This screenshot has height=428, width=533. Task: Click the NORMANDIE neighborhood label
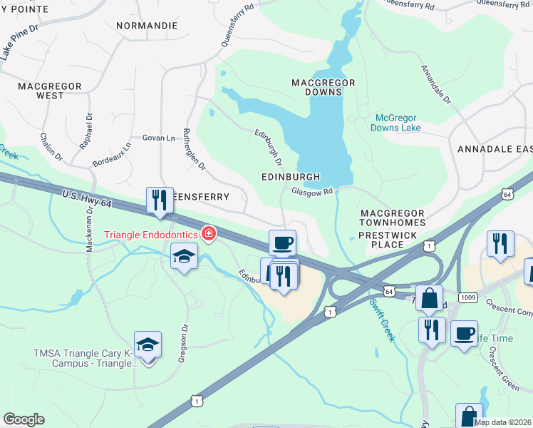(x=147, y=25)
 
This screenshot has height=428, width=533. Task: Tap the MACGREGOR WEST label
(x=50, y=91)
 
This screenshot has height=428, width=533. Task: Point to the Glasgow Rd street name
(x=312, y=191)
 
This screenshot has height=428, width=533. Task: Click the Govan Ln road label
(x=158, y=138)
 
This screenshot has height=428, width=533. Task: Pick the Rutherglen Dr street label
(x=194, y=149)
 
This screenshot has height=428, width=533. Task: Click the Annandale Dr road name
(x=436, y=85)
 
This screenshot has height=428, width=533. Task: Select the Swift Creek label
(x=381, y=319)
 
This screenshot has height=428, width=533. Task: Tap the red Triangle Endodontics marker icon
(x=209, y=233)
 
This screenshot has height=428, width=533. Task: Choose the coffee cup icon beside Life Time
(x=464, y=332)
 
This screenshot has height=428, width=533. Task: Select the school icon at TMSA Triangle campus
(x=148, y=345)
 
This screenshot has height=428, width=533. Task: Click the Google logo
(x=24, y=419)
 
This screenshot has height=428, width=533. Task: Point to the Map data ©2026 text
(x=502, y=422)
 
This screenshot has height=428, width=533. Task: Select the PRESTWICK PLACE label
(x=391, y=245)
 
